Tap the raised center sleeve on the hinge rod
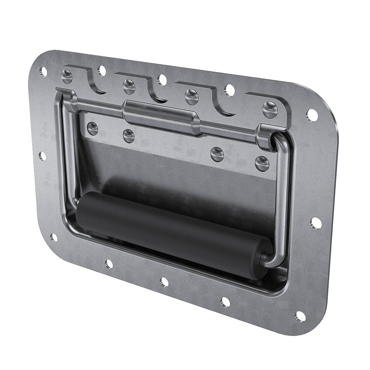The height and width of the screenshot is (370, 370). tap(160, 116)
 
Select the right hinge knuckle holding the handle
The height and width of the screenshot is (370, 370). tap(266, 137)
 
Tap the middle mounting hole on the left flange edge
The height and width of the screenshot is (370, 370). tap(43, 157)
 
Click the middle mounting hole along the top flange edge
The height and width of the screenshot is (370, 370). tap(161, 79)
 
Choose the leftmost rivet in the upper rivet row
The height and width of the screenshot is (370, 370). tap(66, 75)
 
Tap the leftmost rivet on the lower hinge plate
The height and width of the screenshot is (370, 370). tap(92, 127)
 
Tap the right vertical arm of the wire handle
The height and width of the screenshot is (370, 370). tap(281, 197)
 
